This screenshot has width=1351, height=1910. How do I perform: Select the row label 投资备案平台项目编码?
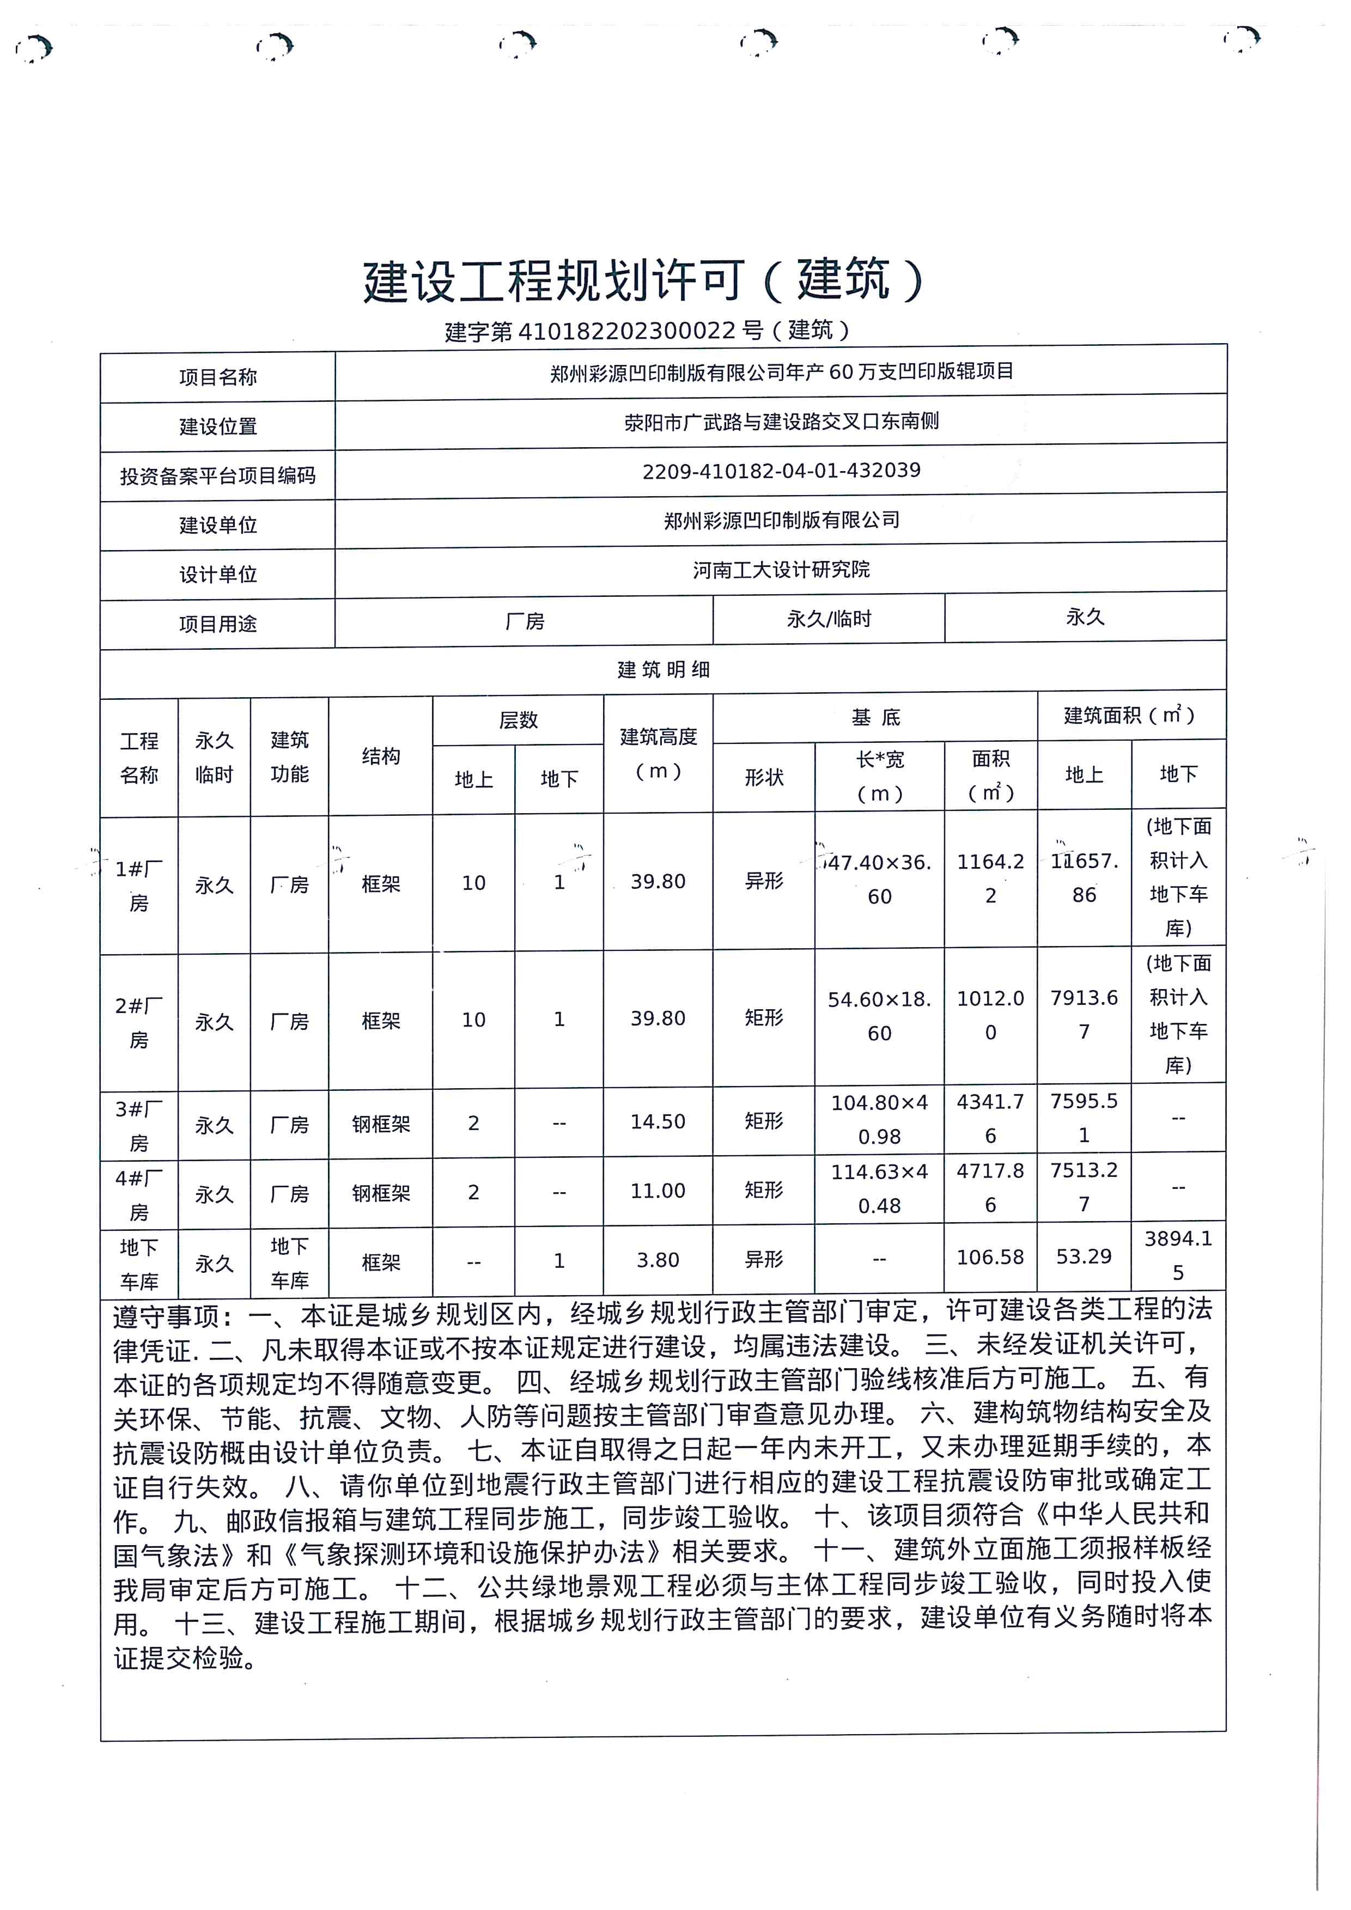[x=217, y=476]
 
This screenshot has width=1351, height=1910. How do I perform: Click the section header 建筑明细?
[x=663, y=670]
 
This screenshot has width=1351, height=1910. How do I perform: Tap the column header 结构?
[x=380, y=756]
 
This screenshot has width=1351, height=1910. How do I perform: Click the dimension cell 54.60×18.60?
[x=879, y=1017]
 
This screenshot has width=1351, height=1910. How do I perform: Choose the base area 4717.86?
[x=990, y=1188]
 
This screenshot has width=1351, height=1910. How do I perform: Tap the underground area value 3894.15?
[x=1177, y=1255]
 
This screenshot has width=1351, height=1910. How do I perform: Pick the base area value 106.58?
[x=990, y=1257]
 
